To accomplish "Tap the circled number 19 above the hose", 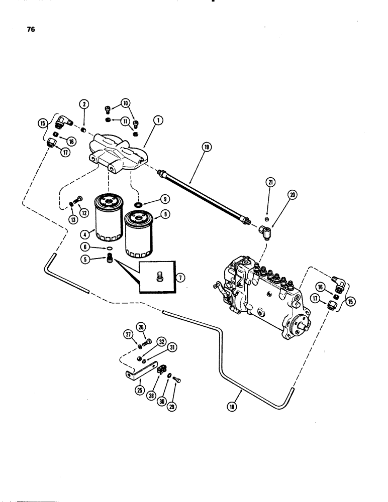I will point(207,147).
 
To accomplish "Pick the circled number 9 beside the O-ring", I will point(163,199).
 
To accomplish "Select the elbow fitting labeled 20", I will point(265,231).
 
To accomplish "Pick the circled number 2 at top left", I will point(84,104).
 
